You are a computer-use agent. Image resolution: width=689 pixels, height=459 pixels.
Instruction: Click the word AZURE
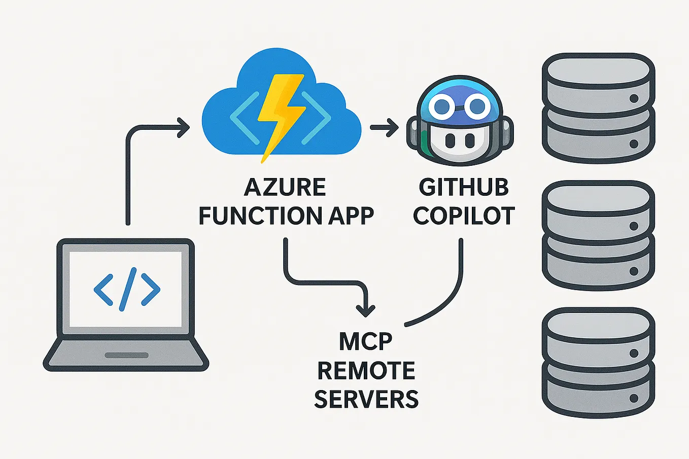point(285,188)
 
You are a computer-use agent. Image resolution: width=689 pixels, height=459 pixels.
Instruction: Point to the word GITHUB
point(464,188)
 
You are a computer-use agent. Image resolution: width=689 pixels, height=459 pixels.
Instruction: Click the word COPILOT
point(464,216)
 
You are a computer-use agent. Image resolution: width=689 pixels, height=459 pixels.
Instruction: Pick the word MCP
point(366,342)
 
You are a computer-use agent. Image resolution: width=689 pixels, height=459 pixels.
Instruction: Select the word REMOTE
point(366,371)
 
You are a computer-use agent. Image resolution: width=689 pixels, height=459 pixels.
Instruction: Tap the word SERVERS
point(366,399)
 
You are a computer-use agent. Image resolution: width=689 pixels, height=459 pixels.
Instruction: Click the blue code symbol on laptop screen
point(127,289)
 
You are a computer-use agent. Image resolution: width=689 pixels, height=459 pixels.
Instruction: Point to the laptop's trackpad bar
point(126,356)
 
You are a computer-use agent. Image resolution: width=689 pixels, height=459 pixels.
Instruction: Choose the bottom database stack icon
point(598,363)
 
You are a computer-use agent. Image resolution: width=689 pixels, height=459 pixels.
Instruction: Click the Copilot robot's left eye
point(442,106)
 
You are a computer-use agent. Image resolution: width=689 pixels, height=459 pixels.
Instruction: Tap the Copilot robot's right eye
point(477,106)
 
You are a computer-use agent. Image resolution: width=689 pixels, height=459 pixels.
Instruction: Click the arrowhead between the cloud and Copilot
point(391,127)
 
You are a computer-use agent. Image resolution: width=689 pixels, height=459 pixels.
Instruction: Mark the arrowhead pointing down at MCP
point(366,309)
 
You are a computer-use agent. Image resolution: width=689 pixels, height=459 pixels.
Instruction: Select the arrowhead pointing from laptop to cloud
point(183,127)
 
